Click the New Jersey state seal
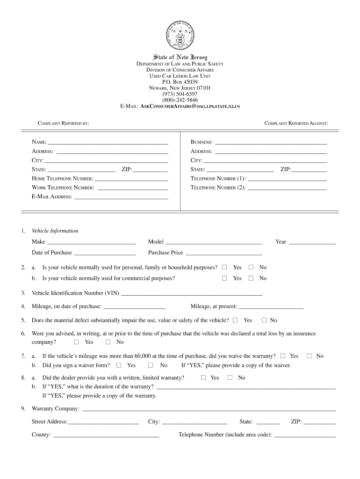180,35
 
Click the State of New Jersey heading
180,57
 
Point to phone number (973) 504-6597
180,94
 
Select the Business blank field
271,142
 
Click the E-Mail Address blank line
121,196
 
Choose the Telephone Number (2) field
287,188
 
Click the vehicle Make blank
92,242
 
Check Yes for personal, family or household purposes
224,267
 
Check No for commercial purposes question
251,278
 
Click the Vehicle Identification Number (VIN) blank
191,293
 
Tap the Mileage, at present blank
271,307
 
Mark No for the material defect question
264,320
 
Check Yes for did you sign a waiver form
119,365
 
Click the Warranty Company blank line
209,409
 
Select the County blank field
107,435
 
